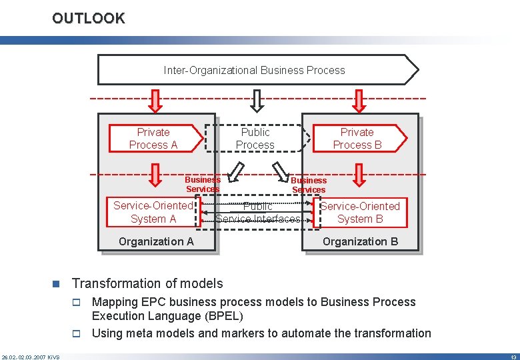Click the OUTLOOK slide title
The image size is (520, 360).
point(89,18)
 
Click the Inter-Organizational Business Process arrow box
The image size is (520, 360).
point(255,70)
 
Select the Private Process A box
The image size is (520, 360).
point(154,139)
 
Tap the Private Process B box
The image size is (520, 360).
point(357,139)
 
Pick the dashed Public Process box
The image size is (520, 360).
point(255,139)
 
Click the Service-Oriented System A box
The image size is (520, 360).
point(153,213)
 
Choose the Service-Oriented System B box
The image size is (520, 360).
point(360,213)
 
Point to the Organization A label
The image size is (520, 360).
point(156,241)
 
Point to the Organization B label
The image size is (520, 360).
point(360,241)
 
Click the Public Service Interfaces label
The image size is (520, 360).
point(258,213)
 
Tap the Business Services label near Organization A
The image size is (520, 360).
point(203,184)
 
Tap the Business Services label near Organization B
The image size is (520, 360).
point(309,185)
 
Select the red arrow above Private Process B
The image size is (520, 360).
point(359,101)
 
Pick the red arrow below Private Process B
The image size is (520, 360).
point(359,175)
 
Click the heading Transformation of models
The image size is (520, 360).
point(147,283)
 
